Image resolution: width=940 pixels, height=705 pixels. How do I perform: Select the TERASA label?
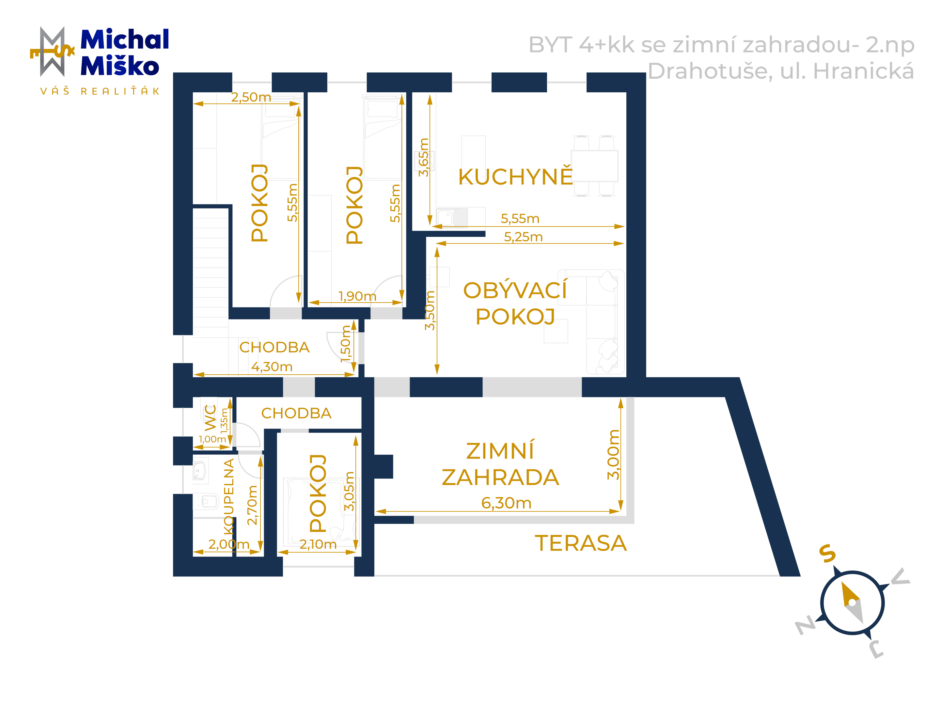[x=581, y=543]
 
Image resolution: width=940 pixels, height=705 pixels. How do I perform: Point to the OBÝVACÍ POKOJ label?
[x=515, y=303]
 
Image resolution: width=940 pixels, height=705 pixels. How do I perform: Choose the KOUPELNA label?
[x=228, y=497]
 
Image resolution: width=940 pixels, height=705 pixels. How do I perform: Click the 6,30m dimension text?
[x=506, y=503]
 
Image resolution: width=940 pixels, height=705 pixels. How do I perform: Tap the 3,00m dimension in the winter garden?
[x=613, y=455]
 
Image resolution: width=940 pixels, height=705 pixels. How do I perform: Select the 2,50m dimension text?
[x=251, y=97]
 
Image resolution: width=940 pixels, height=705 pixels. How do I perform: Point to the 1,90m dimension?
[x=357, y=296]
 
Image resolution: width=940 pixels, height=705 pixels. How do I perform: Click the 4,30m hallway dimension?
[x=272, y=366]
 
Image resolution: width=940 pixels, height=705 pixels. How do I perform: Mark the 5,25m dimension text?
[x=523, y=237]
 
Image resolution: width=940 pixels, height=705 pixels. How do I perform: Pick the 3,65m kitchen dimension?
[x=424, y=157]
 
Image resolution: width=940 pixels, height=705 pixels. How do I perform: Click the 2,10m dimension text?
[x=318, y=544]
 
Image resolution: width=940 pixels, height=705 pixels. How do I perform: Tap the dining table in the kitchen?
[x=594, y=166]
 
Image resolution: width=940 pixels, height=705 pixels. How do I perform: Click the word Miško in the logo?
[x=120, y=66]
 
